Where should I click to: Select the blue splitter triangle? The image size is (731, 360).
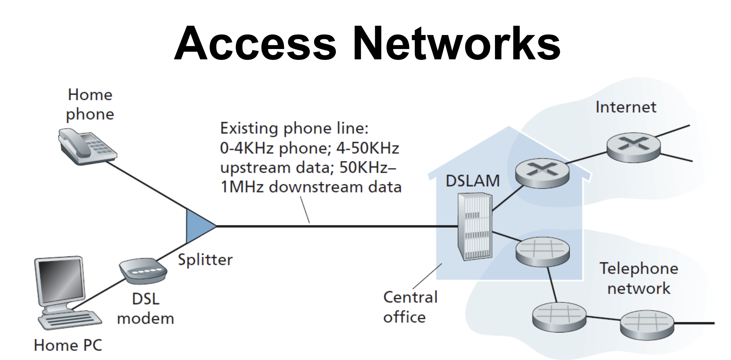pos(198,226)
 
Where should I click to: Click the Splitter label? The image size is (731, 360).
pos(205,260)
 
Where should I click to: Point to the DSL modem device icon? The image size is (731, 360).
pos(143,271)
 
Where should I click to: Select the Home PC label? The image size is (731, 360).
pos(68,345)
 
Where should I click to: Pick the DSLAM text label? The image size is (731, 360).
pos(472,181)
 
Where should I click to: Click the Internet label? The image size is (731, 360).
pos(625,107)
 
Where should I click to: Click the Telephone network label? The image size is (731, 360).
pos(639,279)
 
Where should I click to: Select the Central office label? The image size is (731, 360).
pos(410,307)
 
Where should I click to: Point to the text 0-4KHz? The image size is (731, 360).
pos(247,148)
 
